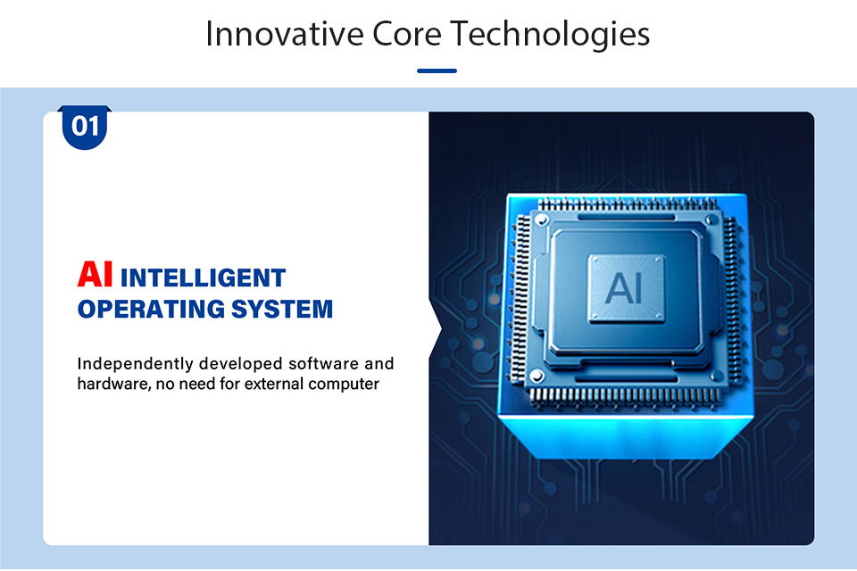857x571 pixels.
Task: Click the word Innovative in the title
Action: tap(285, 34)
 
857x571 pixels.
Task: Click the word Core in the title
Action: tap(407, 34)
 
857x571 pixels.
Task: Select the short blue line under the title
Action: tap(437, 70)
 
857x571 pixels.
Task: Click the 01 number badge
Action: tap(85, 127)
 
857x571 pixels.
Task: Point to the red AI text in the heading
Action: tap(96, 274)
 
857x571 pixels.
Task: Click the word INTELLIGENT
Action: tap(203, 277)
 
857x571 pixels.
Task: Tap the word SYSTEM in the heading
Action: tap(282, 309)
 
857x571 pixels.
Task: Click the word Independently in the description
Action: tap(135, 364)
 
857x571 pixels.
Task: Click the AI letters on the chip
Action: tap(624, 288)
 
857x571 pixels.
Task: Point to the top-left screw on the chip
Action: tap(542, 220)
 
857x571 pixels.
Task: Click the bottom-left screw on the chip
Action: tap(537, 376)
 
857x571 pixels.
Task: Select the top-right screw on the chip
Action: tap(712, 220)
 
